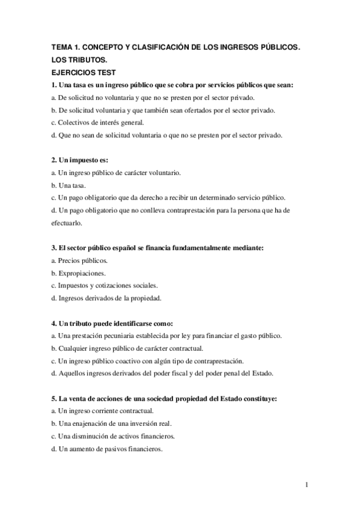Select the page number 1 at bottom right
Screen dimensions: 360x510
[x=307, y=484]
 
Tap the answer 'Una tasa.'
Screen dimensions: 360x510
[x=73, y=185]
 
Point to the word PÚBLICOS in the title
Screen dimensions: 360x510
[x=275, y=48]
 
